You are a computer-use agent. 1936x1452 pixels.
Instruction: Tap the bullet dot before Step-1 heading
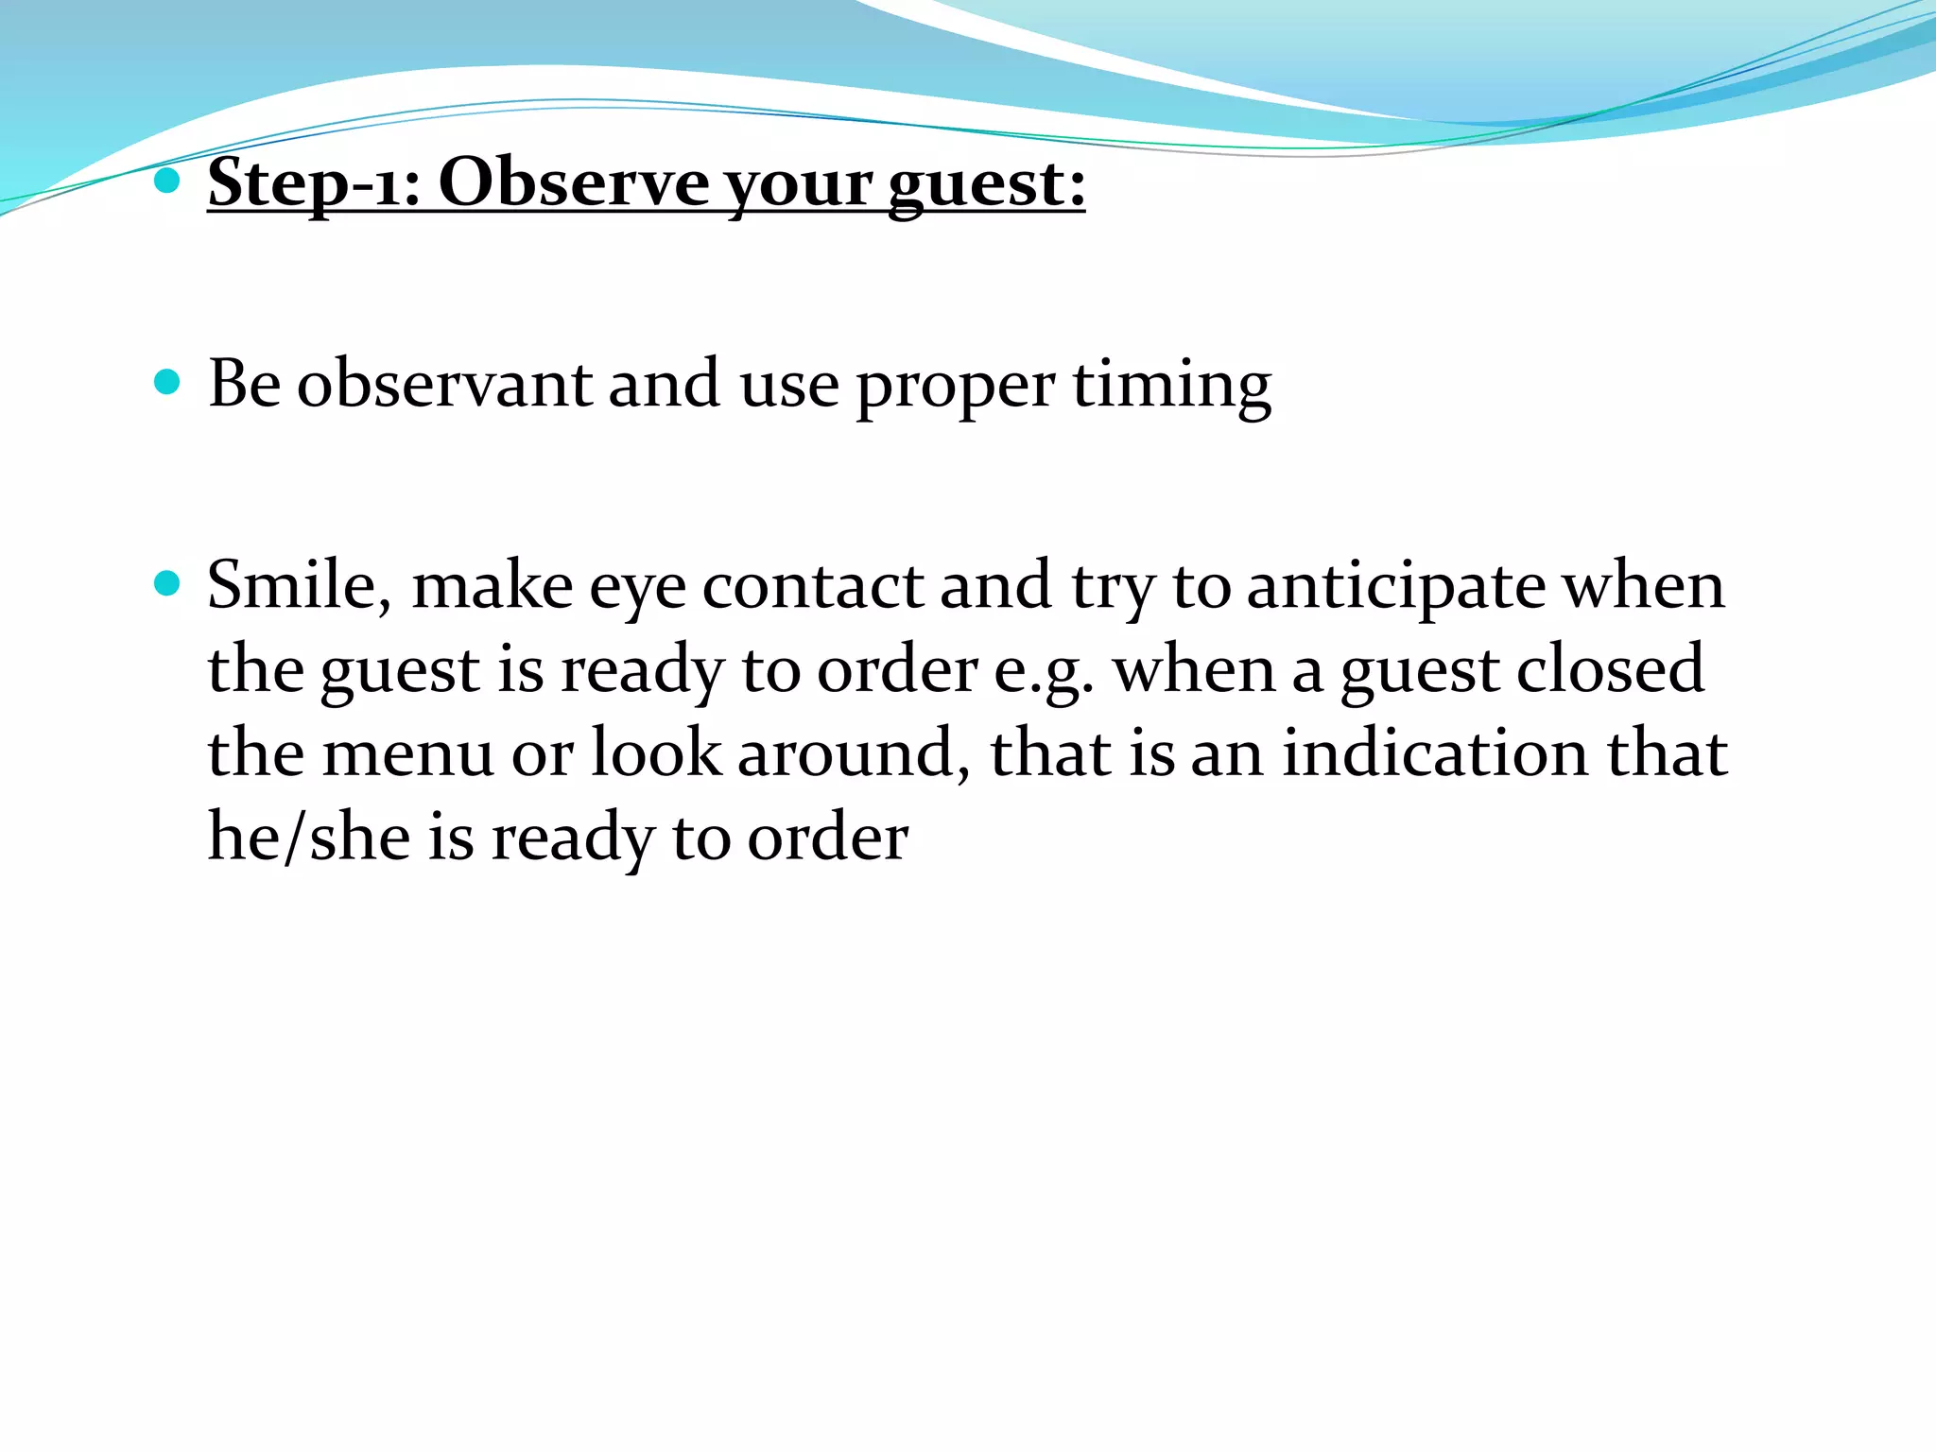[166, 181]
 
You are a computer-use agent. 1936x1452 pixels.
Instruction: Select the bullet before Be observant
[166, 383]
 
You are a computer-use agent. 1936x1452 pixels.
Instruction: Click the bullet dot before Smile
[166, 584]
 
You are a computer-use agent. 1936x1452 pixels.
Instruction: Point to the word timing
[1171, 386]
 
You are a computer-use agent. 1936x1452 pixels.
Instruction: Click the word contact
[812, 586]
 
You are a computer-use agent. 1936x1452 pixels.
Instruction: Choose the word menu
[407, 753]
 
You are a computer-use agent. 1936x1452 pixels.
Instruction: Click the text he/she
[309, 838]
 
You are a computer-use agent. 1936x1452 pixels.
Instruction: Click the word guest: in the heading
[986, 183]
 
